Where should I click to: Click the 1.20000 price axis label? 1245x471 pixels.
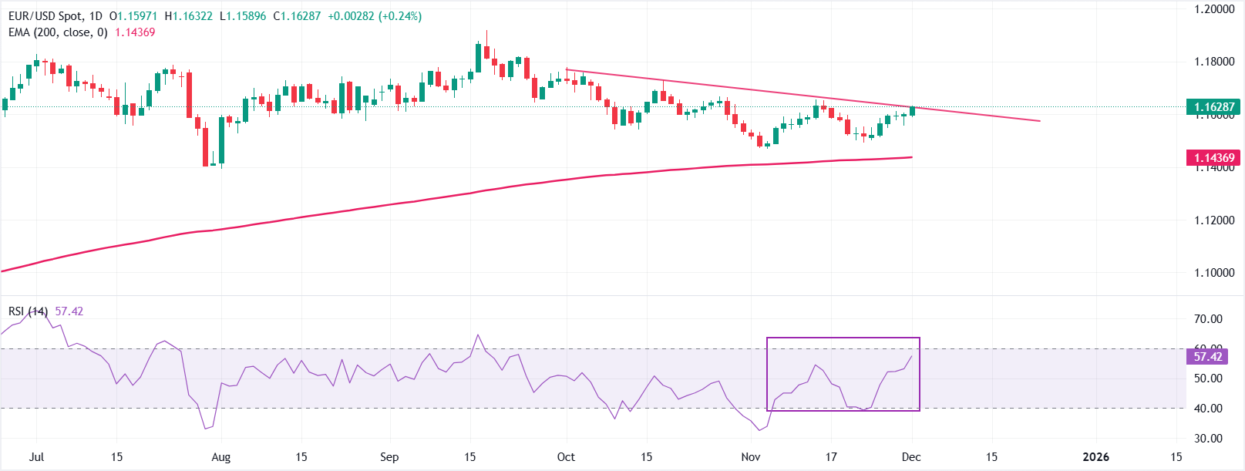[1214, 9]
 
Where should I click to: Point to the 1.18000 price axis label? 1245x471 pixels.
[1214, 62]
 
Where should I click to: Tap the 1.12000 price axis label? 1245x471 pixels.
[1214, 220]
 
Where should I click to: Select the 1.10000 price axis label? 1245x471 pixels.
[1214, 273]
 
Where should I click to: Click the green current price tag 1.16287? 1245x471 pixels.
[1214, 107]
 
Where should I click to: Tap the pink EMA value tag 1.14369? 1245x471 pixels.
[1214, 158]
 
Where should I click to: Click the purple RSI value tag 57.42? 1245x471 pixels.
[1208, 356]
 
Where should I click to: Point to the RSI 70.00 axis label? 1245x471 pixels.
[1208, 319]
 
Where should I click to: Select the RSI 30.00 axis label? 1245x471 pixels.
[1208, 439]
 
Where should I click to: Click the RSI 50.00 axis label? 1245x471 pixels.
[1208, 378]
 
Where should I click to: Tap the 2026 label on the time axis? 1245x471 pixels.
[1095, 457]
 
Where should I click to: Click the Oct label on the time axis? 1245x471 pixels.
[566, 457]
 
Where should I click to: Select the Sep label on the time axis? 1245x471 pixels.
[389, 457]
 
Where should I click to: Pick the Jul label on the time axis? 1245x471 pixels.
[36, 457]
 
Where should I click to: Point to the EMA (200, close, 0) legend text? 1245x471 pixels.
[58, 32]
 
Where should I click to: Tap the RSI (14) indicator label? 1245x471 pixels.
[28, 311]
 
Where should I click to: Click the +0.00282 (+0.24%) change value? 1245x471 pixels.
[375, 16]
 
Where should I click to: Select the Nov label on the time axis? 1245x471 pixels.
[751, 457]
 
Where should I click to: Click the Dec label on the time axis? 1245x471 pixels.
[911, 457]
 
